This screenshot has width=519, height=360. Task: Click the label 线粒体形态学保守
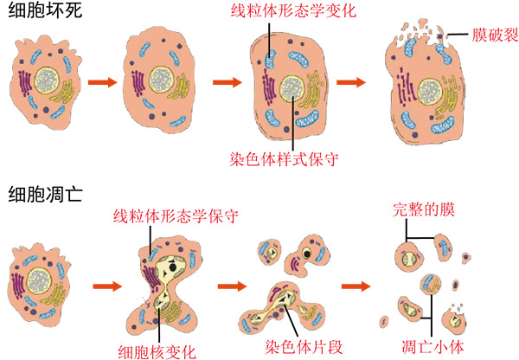pyautogui.click(x=176, y=214)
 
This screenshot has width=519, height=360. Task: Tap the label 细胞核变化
pyautogui.click(x=157, y=350)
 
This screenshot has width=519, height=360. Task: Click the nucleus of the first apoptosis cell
pyautogui.click(x=38, y=279)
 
